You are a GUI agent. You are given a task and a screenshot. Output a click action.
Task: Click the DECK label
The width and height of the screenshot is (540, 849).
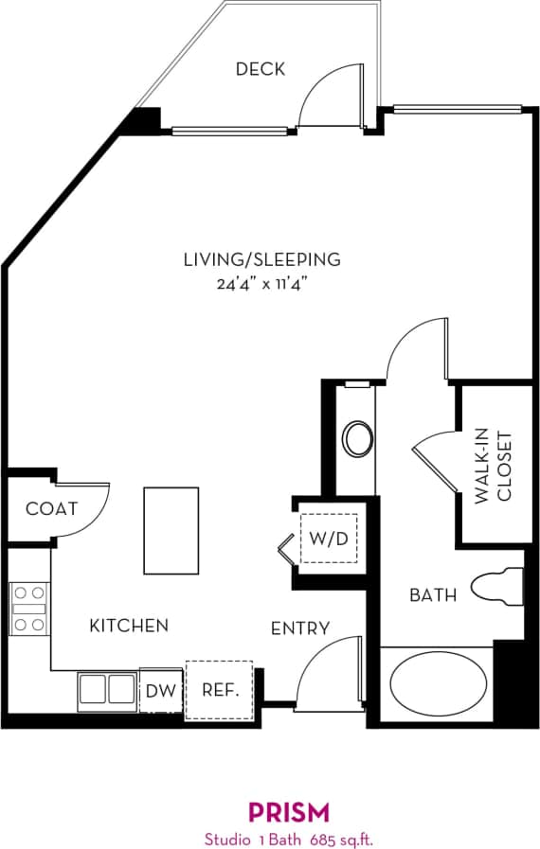pos(260,69)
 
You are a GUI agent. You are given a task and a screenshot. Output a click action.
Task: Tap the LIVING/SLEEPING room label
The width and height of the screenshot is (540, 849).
pos(261,259)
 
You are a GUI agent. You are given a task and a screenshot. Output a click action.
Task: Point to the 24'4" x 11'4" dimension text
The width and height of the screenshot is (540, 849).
pos(261,282)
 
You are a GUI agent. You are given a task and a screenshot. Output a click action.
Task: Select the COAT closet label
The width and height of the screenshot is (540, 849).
pos(51,509)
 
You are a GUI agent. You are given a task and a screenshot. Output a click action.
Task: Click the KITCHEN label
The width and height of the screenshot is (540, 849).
pos(129,626)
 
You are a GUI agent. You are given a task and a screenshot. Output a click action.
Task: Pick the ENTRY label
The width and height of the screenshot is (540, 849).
pos(300,628)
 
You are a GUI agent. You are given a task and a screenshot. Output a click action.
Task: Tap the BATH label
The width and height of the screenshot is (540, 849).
pos(433,595)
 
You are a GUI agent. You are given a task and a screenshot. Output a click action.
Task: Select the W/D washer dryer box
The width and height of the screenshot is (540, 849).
pos(329,539)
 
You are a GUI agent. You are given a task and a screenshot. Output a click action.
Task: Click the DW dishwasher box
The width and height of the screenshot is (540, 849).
pos(161,691)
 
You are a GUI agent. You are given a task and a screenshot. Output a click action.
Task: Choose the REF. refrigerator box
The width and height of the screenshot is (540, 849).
pos(219,691)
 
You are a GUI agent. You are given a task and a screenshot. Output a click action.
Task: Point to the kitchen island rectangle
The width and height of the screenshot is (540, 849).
pos(171,530)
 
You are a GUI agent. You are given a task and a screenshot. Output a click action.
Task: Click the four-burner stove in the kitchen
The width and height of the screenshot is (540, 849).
pos(28,608)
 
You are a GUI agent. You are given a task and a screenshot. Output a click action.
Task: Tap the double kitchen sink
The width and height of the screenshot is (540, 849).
pos(107,689)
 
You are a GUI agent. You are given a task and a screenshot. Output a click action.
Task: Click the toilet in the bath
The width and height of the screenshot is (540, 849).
pos(498,586)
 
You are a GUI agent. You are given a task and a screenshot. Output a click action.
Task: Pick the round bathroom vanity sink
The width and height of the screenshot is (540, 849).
pos(357,439)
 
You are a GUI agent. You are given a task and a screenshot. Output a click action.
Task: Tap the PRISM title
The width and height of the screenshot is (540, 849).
pos(289,811)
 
